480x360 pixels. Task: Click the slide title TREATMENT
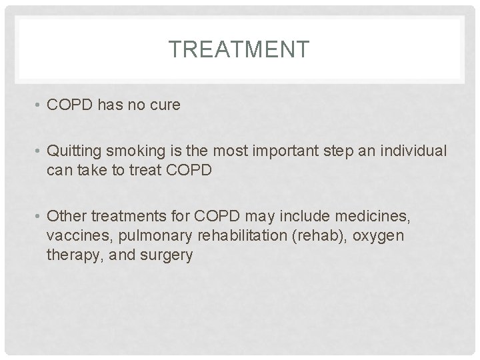239,49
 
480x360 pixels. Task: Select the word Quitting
73,151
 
